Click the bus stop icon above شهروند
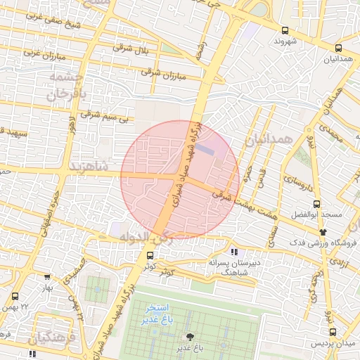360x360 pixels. (x=285, y=30)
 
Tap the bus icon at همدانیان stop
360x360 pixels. (x=339, y=49)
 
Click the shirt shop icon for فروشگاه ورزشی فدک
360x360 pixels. (x=323, y=231)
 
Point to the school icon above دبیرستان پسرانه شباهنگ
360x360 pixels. (x=234, y=251)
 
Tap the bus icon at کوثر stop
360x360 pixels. (x=149, y=255)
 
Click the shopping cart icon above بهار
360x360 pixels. (x=47, y=277)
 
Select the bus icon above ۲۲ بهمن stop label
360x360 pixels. (x=15, y=296)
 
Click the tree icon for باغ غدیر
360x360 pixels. (x=189, y=337)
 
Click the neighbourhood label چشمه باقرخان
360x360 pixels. (x=67, y=84)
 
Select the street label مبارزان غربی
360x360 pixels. (x=45, y=54)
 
